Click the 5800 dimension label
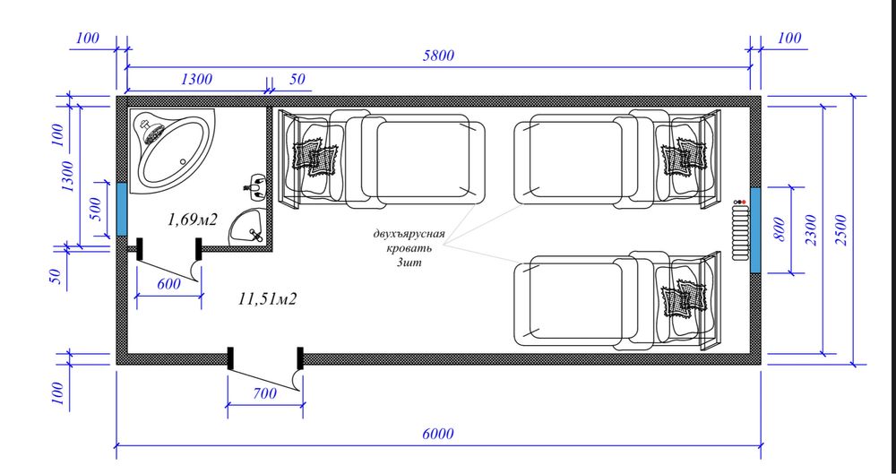(438, 56)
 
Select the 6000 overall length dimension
(438, 434)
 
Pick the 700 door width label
(264, 393)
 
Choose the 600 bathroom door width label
(168, 284)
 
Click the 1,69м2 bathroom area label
(193, 219)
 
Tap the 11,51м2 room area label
(267, 298)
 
